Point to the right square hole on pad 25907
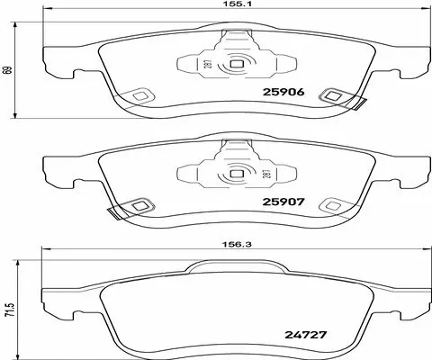(335, 206)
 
